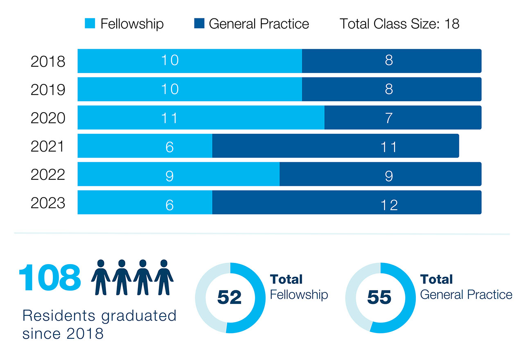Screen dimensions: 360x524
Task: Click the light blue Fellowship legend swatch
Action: pos(90,24)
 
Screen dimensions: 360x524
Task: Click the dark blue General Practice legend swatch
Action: pos(199,24)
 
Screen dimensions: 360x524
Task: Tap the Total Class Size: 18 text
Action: pos(399,24)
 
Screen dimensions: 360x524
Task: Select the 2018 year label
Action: pos(48,61)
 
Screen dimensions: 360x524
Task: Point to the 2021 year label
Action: pos(48,146)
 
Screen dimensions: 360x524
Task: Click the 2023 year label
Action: pos(48,203)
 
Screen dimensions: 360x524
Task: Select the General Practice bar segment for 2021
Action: pos(335,146)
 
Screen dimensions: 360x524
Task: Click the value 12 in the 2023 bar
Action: pos(388,204)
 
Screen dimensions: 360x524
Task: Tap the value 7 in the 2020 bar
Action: pos(388,118)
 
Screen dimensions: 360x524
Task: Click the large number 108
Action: pos(50,278)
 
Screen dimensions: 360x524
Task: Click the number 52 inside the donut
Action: pos(229,297)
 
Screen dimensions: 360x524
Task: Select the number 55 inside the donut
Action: pos(379,297)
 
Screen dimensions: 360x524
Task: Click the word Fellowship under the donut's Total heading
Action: pos(299,294)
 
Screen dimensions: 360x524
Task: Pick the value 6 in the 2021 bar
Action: pos(169,147)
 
